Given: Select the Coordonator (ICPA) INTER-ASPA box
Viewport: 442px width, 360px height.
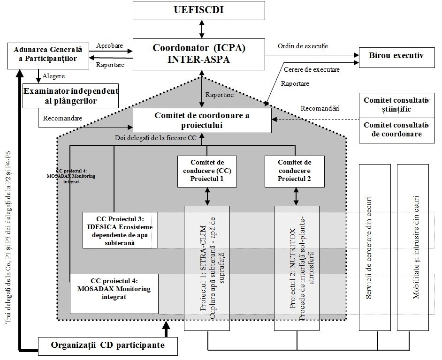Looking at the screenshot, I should (x=199, y=54).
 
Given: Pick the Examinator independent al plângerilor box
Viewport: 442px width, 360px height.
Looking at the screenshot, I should (x=71, y=95).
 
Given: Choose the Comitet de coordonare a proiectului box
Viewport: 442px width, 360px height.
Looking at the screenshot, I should (x=202, y=120).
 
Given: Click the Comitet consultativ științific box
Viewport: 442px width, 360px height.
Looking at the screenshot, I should (x=396, y=105).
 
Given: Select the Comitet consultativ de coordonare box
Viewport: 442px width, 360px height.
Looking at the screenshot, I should (x=396, y=130).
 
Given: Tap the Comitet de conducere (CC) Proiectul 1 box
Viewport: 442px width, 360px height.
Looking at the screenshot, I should (x=207, y=171).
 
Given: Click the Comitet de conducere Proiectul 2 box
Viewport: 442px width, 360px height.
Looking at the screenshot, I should (x=295, y=171).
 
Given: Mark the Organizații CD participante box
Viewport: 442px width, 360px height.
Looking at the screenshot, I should (x=107, y=346).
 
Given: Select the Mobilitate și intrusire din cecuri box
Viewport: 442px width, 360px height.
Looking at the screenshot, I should (x=415, y=247).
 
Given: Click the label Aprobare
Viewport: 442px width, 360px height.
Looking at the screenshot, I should (x=109, y=46).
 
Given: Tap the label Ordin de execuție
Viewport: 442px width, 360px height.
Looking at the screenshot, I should (x=303, y=46).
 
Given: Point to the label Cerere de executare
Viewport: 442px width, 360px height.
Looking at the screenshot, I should (x=312, y=69).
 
